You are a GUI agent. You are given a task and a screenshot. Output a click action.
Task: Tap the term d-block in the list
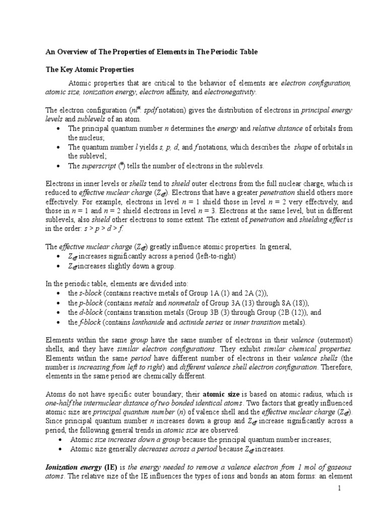(x=91, y=312)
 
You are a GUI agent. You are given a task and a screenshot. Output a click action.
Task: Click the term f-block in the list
(x=90, y=322)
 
